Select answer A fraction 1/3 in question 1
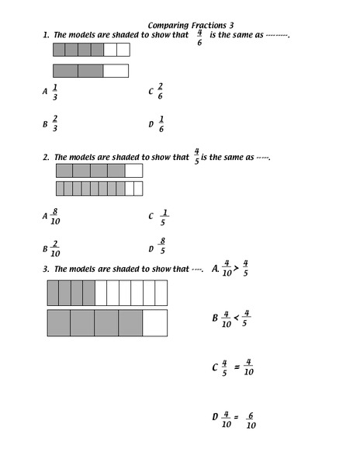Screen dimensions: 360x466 [x=55, y=92]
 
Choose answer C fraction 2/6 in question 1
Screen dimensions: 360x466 [x=161, y=90]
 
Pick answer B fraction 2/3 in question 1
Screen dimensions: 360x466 [x=55, y=123]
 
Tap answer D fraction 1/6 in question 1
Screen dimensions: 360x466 [x=161, y=123]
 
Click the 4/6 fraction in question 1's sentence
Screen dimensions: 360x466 [x=199, y=37]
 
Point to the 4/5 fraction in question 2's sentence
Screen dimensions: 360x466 [x=197, y=155]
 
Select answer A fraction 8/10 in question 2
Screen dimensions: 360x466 [x=54, y=216]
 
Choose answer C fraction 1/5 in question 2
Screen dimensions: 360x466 [x=164, y=217]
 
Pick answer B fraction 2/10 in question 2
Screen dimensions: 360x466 [x=55, y=249]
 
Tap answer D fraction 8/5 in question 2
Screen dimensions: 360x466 [x=162, y=246]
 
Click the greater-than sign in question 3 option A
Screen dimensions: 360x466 [x=236, y=269]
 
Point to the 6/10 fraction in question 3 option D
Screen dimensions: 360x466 [x=251, y=420]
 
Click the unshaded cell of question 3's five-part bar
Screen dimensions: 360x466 [x=154, y=322]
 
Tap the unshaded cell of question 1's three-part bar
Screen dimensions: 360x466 [x=116, y=71]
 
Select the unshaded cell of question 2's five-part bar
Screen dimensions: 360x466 [x=133, y=171]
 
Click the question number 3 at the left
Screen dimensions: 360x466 [x=47, y=269]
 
